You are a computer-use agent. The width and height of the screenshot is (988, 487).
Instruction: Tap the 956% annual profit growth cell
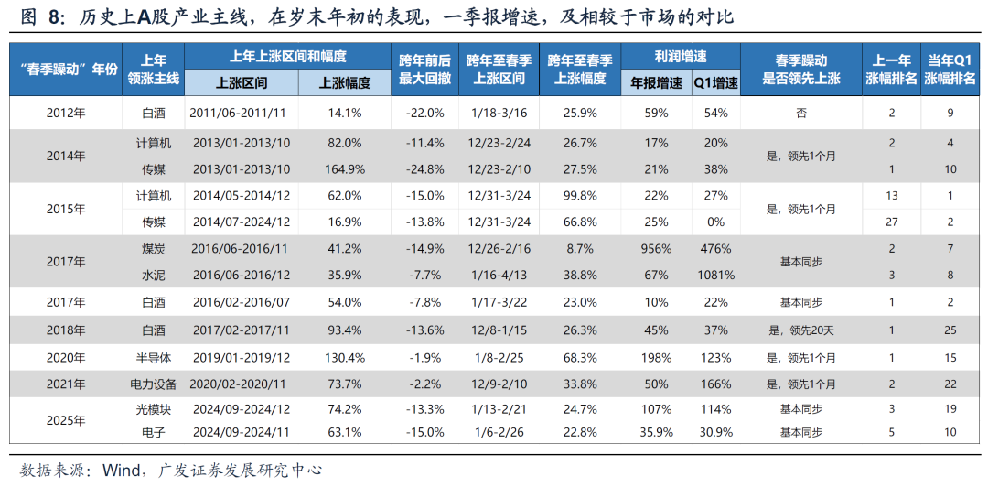(656, 248)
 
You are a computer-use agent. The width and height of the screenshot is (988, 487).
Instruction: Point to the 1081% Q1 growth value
(715, 275)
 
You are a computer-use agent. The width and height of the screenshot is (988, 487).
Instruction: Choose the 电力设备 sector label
(153, 384)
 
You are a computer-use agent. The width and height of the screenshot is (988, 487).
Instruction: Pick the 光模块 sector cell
(153, 410)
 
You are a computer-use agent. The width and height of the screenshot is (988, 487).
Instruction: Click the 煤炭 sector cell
(153, 248)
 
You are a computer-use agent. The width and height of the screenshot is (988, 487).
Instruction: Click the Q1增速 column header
(715, 82)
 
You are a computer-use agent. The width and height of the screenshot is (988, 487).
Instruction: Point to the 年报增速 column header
(656, 82)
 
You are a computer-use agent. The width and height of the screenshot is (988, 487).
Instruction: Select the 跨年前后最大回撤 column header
(424, 70)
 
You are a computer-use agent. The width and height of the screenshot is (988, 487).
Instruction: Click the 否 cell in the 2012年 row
(801, 114)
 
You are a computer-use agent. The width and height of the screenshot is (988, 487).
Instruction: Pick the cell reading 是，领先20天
(801, 330)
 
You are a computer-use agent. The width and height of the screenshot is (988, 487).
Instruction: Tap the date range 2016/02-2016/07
(242, 302)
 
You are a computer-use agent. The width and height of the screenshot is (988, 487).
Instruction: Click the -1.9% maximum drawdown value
(424, 358)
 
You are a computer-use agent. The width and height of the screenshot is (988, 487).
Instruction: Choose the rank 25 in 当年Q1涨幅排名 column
(951, 330)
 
